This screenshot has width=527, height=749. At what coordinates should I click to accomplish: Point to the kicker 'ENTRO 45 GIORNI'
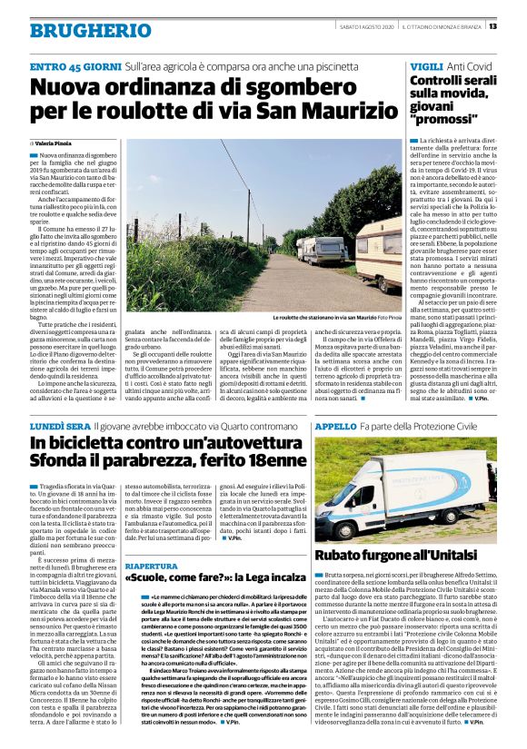pos(75,66)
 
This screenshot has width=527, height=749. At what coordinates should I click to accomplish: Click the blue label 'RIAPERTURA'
pos(152,564)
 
